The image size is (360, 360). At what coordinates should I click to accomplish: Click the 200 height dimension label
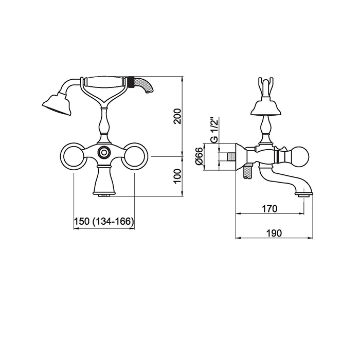[178, 116]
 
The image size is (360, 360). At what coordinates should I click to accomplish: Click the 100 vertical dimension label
[178, 176]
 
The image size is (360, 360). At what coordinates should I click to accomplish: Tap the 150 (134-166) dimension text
[104, 221]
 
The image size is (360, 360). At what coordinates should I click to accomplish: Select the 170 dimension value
[269, 209]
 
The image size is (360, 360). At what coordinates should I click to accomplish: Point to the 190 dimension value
[274, 233]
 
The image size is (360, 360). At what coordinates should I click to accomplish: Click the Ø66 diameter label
[199, 156]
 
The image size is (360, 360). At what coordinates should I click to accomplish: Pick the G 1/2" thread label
[214, 131]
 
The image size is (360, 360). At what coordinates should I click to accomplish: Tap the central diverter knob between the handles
[104, 152]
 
